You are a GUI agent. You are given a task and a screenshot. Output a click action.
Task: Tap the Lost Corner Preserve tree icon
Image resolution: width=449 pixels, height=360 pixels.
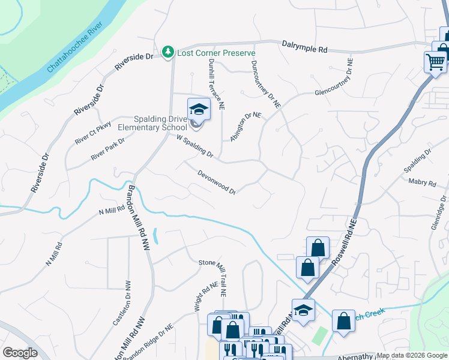point(169,53)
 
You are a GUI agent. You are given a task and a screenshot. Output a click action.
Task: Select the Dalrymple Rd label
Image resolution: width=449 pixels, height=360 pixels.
point(304,46)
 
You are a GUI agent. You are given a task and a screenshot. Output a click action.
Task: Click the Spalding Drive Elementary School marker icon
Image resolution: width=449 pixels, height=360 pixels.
point(199,110)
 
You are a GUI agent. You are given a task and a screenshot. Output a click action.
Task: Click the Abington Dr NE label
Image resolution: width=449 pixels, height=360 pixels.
point(246,127)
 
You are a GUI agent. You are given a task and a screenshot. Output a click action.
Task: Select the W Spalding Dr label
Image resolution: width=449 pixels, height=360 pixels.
point(195,145)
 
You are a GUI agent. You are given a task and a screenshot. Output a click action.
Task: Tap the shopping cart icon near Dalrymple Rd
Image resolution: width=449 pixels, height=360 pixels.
point(435,61)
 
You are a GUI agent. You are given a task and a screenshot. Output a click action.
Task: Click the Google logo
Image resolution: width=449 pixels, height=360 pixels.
point(20,353)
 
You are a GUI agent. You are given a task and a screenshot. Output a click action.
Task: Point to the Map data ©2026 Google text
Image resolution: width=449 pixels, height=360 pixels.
point(411,355)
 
